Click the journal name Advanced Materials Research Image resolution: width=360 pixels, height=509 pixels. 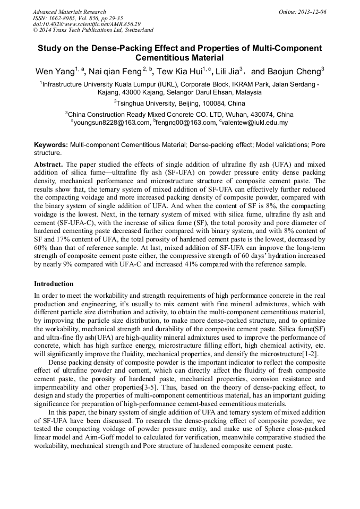pyautogui.click(x=69, y=12)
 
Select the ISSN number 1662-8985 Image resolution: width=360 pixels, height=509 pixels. pyautogui.click(x=62, y=18)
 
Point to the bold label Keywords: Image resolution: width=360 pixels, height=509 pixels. pyautogui.click(x=51, y=145)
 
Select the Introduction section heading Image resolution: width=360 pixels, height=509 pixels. pyautogui.click(x=54, y=284)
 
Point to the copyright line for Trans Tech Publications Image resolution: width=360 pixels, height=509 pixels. pyautogui.click(x=93, y=31)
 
